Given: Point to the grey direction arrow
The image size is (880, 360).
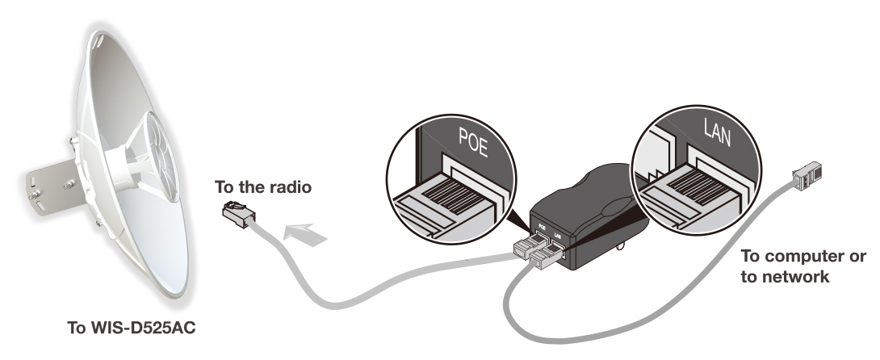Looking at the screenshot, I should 308,232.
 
